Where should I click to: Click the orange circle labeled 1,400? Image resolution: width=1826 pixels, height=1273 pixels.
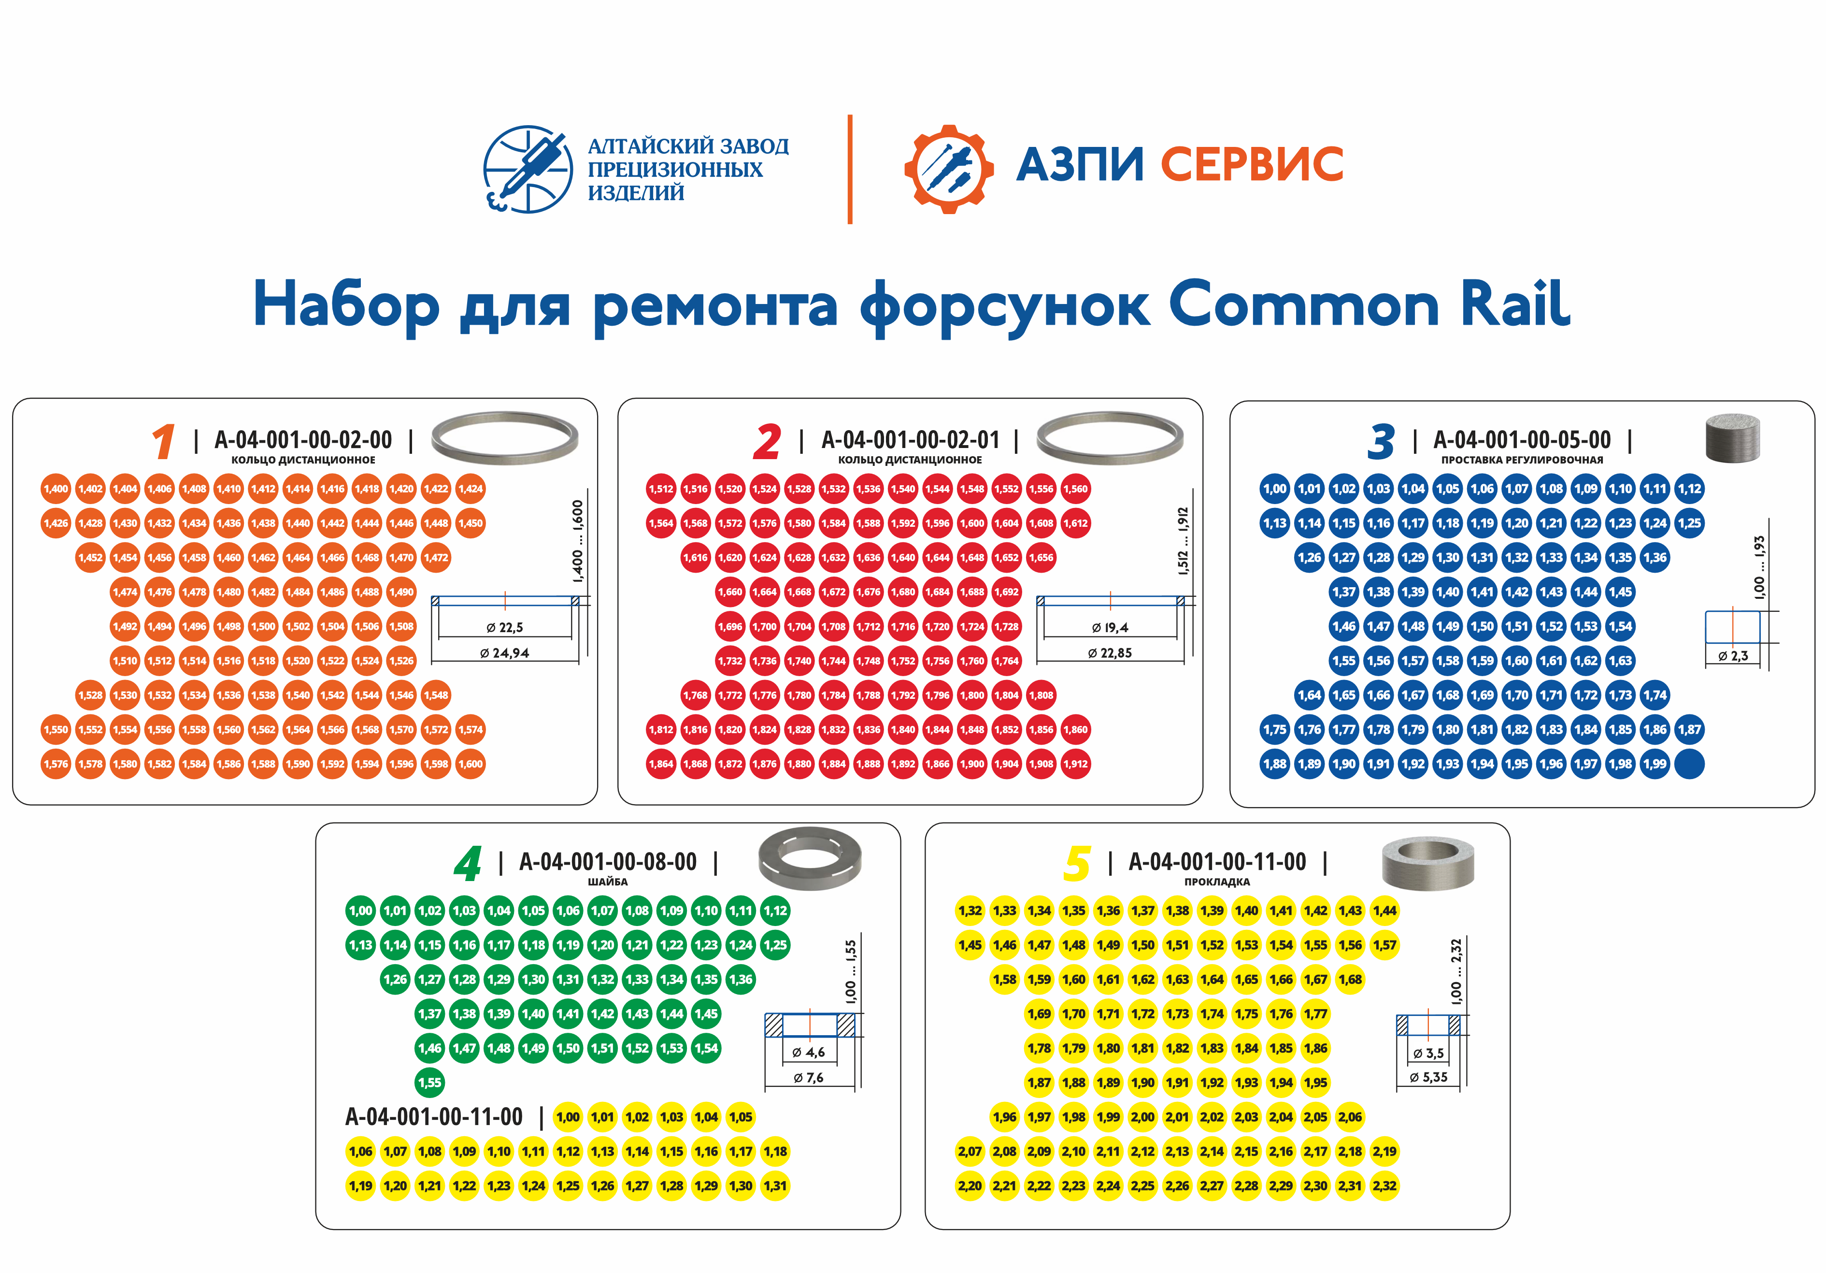pos(56,489)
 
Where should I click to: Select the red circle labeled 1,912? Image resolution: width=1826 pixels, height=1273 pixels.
pos(1075,764)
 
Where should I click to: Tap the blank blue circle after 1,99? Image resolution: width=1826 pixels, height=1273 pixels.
pos(1689,764)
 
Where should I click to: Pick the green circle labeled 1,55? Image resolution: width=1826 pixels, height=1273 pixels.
pos(429,1082)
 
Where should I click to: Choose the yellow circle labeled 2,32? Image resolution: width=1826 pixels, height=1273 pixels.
pos(1384,1186)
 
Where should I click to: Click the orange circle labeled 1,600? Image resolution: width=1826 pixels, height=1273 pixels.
pos(471,764)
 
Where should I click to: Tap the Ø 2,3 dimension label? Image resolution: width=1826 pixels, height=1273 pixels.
pos(1733,656)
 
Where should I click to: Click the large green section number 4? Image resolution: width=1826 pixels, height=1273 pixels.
pos(468,863)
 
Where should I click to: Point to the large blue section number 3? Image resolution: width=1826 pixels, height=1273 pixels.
pos(1382,442)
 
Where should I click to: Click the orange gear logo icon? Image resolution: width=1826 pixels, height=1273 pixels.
pos(948,169)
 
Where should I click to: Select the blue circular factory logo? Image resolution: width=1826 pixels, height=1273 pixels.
pos(528,169)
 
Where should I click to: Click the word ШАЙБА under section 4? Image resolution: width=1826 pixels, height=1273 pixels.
pos(608,882)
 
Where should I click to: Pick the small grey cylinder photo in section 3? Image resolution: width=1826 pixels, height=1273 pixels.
pos(1733,437)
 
